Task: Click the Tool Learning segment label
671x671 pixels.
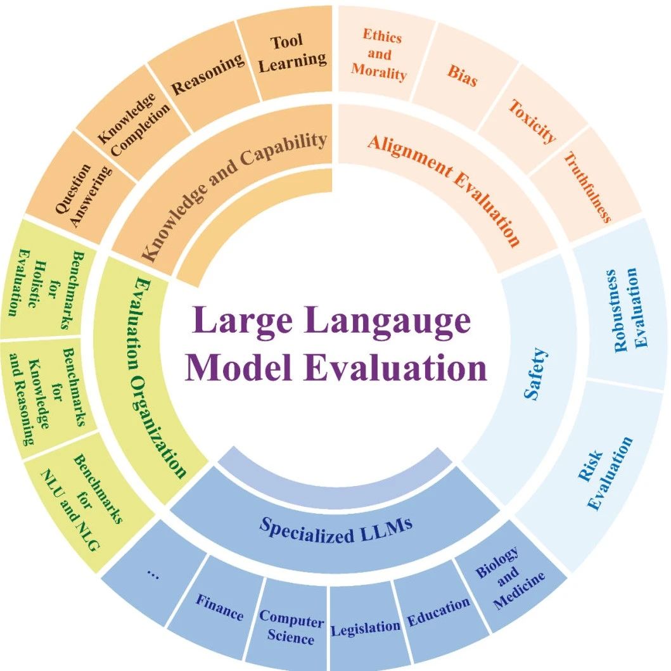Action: [293, 53]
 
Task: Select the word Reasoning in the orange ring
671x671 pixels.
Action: [208, 74]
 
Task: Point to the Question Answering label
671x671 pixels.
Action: [84, 195]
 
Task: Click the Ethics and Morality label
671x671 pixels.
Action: [379, 54]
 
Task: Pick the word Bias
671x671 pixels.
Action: [462, 76]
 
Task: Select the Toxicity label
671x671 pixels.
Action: [532, 122]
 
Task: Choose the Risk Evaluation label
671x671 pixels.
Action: [604, 473]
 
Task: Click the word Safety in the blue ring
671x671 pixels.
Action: [536, 374]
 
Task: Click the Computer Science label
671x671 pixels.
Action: [291, 627]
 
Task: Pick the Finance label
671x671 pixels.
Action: [219, 607]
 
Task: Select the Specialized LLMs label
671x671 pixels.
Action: [336, 530]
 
